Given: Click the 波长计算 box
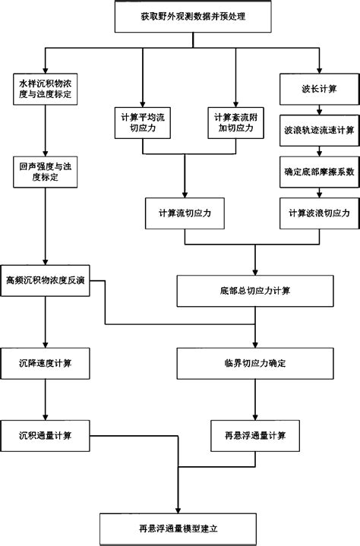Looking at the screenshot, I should tap(319, 88).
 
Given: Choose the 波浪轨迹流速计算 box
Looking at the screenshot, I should tap(319, 130).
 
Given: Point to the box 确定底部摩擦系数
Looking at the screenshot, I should tap(319, 172).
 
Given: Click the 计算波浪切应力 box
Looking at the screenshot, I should tap(319, 214).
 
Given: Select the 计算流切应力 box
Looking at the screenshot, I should tap(185, 214).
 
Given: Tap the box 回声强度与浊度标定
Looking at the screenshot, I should tap(45, 173).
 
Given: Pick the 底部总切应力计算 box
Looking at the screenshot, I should tap(254, 291).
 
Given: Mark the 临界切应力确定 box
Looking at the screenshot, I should tap(254, 363).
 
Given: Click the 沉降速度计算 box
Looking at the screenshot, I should tap(45, 363).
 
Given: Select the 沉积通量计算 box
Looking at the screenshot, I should tap(45, 435).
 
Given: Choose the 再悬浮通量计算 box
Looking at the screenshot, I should tap(254, 435).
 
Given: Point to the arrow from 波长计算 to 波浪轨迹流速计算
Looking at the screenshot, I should tap(319, 109).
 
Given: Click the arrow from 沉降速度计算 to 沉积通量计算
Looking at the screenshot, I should tap(45, 399).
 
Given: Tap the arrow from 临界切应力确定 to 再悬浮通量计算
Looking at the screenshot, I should tap(254, 399).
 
